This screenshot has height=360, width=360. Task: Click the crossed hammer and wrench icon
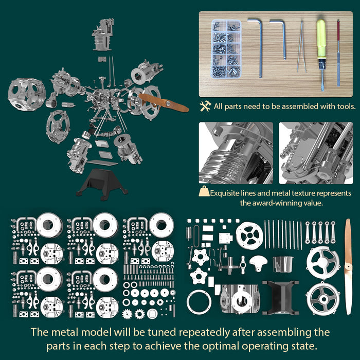206,106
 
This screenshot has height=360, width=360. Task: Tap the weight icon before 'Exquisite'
205,193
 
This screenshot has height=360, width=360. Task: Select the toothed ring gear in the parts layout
199,302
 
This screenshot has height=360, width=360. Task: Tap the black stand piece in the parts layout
278,297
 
